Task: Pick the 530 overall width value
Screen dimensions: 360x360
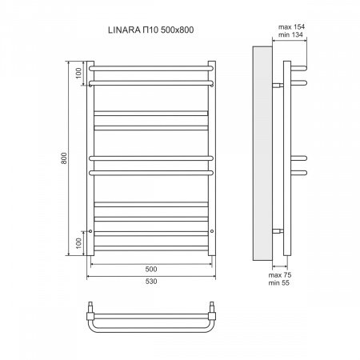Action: (152, 282)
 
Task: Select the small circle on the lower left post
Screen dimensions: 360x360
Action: (93, 232)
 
